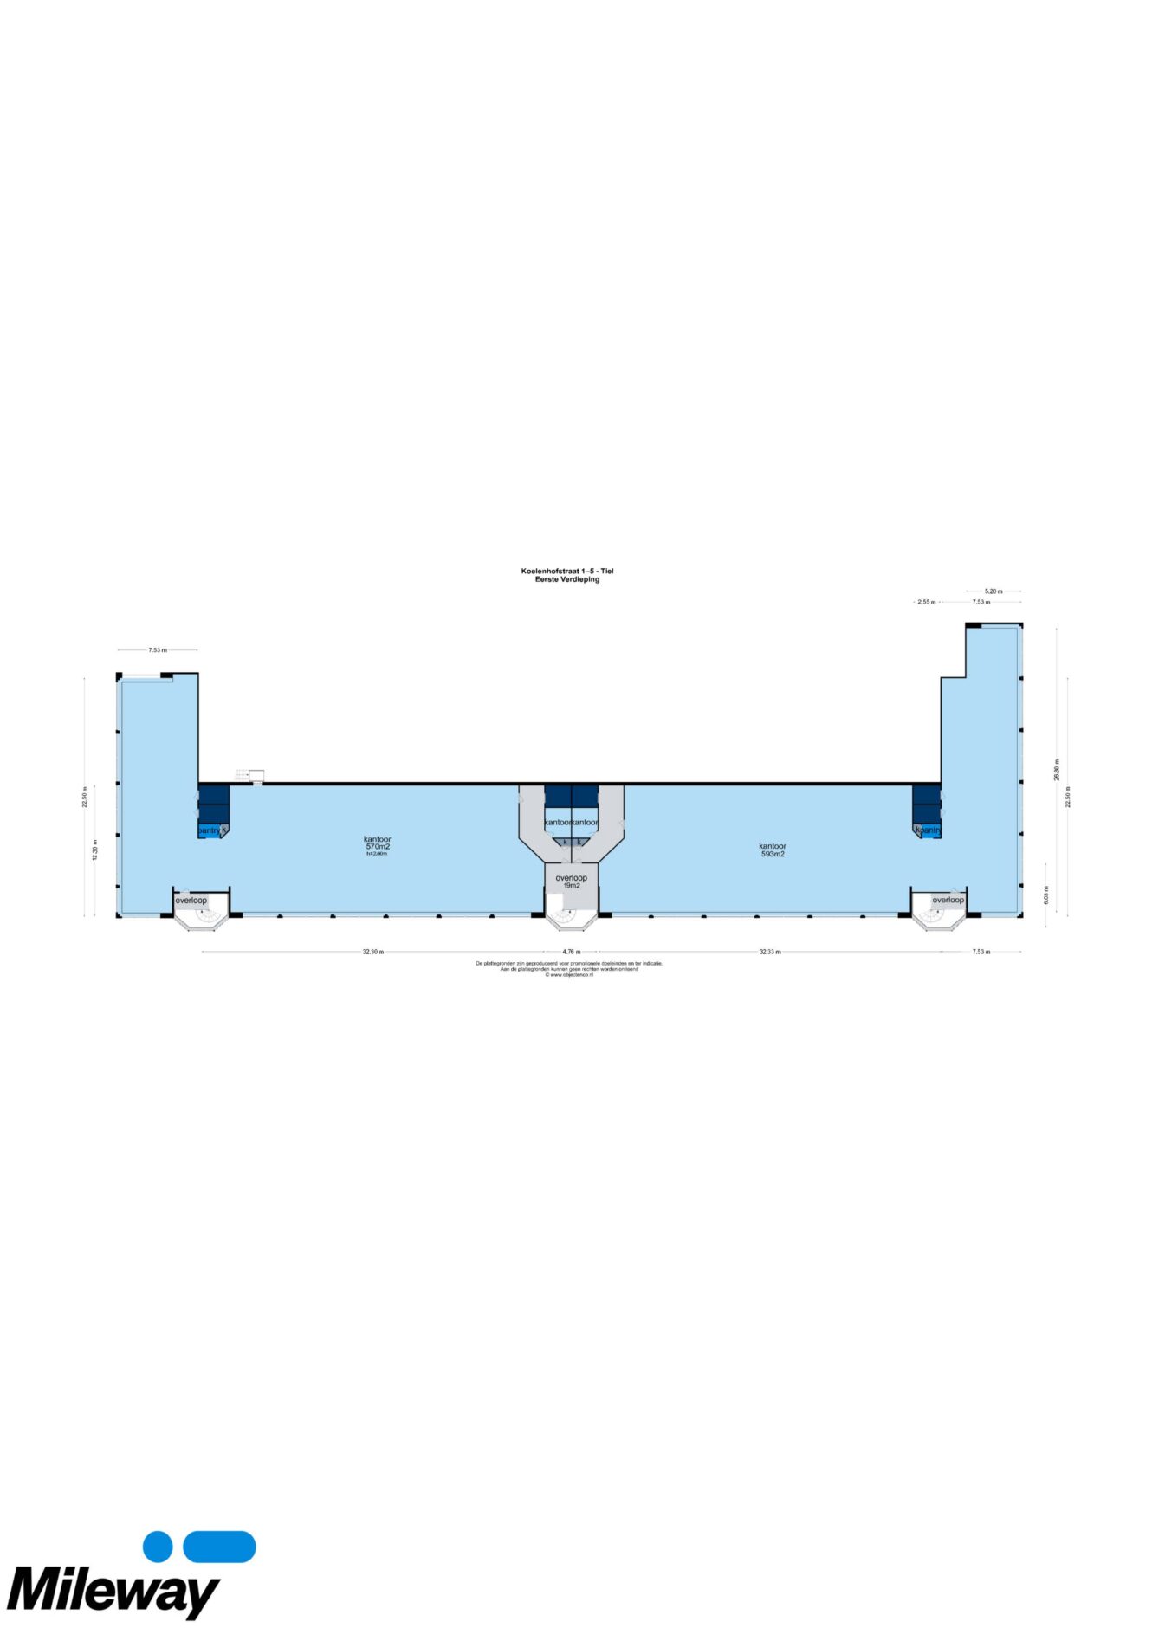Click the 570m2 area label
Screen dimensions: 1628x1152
378,847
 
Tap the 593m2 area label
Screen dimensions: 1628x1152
773,854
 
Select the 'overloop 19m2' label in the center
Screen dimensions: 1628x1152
572,881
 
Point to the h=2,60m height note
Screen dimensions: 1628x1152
378,854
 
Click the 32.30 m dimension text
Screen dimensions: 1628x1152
373,952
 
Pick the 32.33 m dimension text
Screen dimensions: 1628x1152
770,952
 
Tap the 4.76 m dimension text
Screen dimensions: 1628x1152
572,952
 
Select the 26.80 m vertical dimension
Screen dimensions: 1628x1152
1056,770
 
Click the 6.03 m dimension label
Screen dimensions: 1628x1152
1046,895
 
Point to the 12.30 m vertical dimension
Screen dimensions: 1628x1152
95,850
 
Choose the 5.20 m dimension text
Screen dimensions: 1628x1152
993,591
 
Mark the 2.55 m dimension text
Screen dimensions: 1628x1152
927,602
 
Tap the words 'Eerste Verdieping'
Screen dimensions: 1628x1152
567,579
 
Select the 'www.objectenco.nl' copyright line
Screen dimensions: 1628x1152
570,975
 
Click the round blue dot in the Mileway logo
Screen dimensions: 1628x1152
158,1547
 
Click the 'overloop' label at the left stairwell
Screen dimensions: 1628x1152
191,901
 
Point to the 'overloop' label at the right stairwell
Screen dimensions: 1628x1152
948,900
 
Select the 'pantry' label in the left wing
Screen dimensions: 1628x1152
210,830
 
